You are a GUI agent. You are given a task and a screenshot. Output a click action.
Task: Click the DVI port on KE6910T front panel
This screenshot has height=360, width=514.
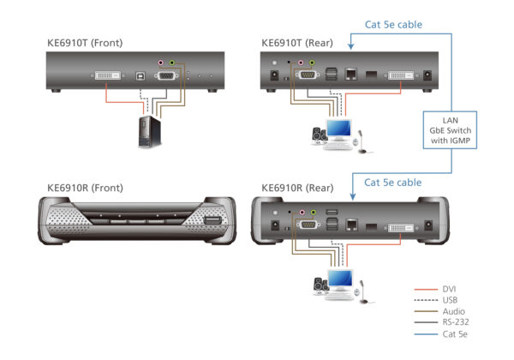pyautogui.click(x=106, y=75)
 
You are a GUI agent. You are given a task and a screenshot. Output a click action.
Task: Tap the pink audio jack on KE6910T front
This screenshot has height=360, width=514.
pyautogui.click(x=159, y=63)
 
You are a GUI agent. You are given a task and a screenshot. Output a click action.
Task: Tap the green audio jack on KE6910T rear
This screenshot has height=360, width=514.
pyautogui.click(x=312, y=63)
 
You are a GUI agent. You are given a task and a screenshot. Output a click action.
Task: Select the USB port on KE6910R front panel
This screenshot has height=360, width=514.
pyautogui.click(x=211, y=225)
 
